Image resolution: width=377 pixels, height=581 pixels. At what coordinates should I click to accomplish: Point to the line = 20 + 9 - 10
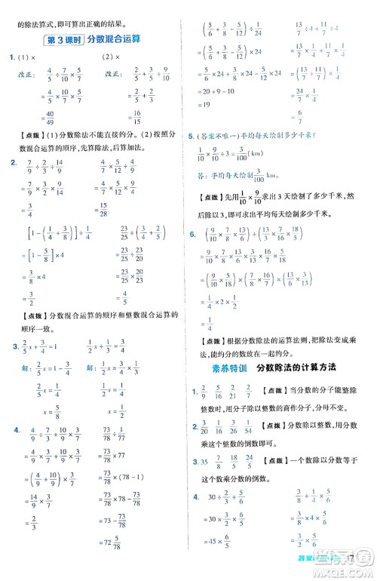pos(219,92)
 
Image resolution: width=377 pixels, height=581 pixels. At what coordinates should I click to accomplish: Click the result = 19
pos(209,106)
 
